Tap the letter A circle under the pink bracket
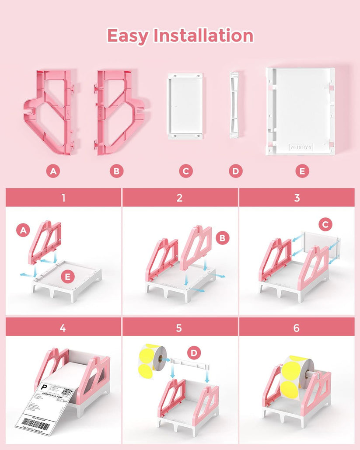53,171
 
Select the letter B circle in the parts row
116,171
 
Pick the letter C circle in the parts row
186,171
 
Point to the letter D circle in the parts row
236,171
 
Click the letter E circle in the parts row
302,171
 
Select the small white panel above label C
185,106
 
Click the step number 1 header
63,197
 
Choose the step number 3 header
297,197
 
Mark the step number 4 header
63,327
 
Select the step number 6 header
297,327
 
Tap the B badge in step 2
223,238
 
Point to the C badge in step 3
325,225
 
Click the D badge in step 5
193,352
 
